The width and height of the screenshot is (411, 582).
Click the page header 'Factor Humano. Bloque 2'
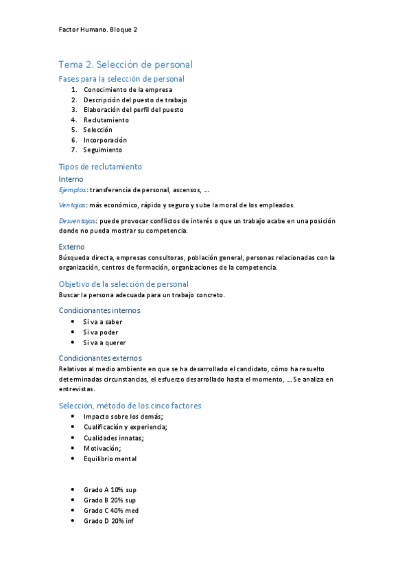(99, 30)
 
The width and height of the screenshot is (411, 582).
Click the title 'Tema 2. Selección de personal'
(126, 65)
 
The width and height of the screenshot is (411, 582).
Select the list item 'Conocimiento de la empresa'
(128, 89)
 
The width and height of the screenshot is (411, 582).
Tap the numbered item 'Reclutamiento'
(106, 119)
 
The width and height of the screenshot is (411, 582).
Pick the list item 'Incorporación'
(105, 139)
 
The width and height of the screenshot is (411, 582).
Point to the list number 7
(73, 150)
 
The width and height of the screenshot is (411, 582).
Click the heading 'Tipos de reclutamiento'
(100, 166)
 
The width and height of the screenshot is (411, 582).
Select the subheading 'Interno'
(71, 179)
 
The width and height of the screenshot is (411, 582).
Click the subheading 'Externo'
(72, 246)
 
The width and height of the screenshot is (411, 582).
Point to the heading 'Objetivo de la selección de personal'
(124, 283)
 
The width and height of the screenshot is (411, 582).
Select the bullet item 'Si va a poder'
(101, 332)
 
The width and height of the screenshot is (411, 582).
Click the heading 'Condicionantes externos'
(100, 358)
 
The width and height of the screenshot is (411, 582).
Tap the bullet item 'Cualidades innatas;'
(114, 438)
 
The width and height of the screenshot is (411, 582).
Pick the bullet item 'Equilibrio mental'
(110, 458)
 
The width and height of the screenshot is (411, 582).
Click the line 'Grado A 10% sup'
(110, 490)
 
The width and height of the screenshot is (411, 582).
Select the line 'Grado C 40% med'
(111, 511)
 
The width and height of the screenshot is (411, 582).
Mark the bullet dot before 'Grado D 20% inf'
(73, 521)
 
